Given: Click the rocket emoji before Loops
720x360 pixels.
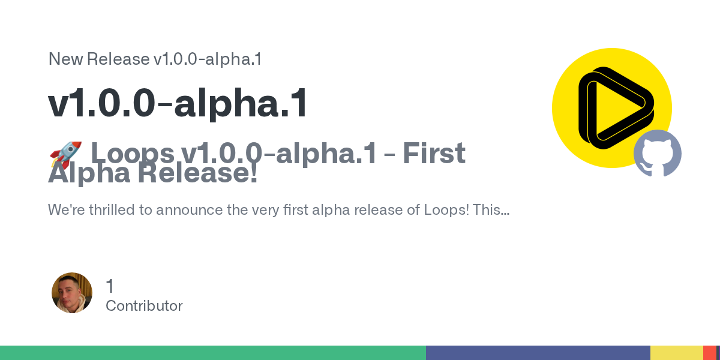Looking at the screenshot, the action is tap(65, 155).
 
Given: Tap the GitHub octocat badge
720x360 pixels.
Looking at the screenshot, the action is tap(658, 154).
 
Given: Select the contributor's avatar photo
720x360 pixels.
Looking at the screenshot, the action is tap(72, 293).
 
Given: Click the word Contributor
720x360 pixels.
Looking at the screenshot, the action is tap(144, 306).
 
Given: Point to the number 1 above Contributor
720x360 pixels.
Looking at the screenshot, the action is tap(110, 286).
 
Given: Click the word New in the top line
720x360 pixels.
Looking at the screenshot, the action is tap(65, 59).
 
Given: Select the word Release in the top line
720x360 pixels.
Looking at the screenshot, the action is tap(118, 59).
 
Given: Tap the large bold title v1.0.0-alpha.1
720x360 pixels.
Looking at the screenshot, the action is tap(178, 103).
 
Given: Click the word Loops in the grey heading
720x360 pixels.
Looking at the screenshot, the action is tap(133, 154).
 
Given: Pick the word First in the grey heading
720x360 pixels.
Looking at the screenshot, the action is tap(434, 153).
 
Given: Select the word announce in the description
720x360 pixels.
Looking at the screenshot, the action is tap(190, 210).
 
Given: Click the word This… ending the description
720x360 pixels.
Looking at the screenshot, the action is tap(491, 209).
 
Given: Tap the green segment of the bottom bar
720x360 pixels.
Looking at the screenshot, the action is tap(213, 353).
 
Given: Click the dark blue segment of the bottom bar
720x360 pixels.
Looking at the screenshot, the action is tap(538, 353).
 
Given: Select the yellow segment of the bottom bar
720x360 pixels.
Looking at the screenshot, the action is tap(677, 353).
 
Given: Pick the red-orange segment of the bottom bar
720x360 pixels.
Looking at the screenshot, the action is tap(710, 353).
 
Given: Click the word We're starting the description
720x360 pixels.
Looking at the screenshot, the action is tap(67, 209).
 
